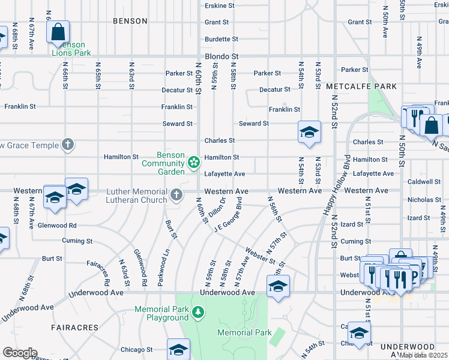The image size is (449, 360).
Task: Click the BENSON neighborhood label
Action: click(x=130, y=21)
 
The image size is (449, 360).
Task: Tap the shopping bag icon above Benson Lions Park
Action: click(x=58, y=32)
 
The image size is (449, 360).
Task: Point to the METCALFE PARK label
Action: click(x=361, y=86)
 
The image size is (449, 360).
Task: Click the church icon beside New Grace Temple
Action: click(x=68, y=145)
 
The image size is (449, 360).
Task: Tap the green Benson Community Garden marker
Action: click(x=194, y=161)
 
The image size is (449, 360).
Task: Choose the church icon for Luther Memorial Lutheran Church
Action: click(x=176, y=194)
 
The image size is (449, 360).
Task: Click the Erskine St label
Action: click(x=220, y=5)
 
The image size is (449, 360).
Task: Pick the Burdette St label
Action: click(x=221, y=39)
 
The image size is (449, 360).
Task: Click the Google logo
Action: click(x=20, y=353)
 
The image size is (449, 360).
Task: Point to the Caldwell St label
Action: click(x=424, y=181)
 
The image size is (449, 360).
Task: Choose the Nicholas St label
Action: click(x=424, y=199)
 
